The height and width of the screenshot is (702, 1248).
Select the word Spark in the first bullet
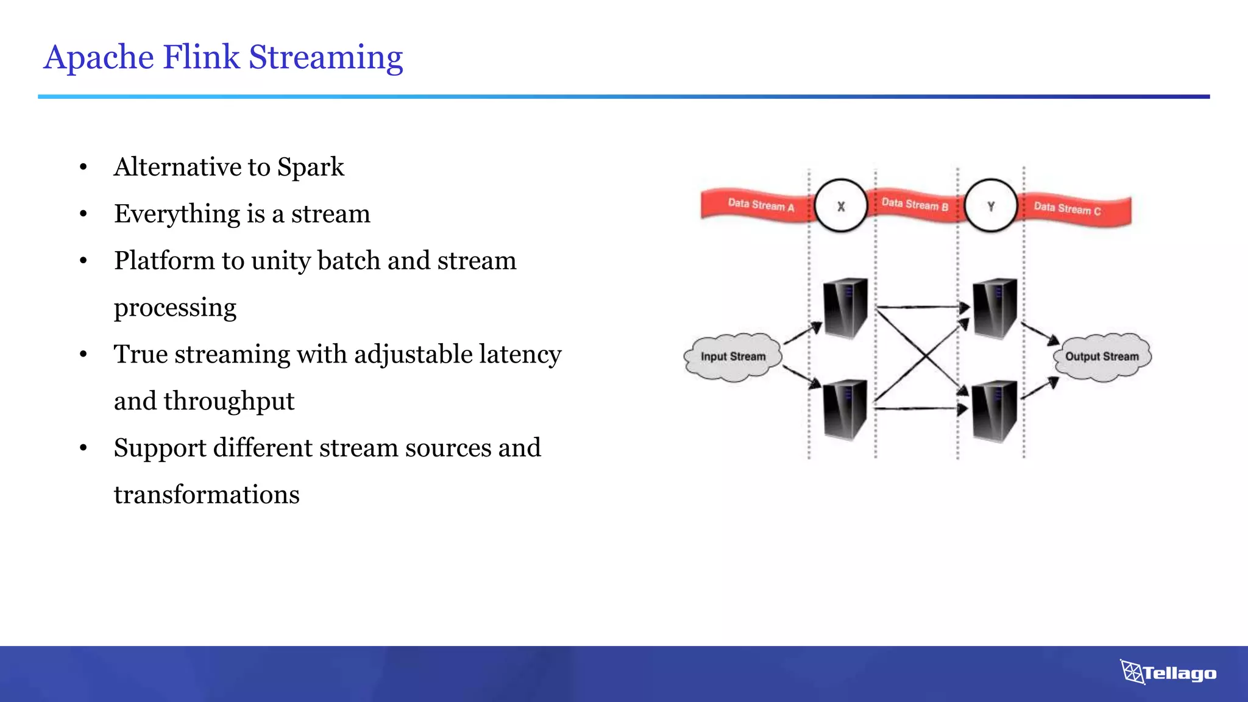(x=310, y=167)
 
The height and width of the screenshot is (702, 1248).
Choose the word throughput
(x=229, y=401)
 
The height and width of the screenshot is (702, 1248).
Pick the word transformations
(x=207, y=494)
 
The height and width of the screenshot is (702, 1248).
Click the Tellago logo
(x=1168, y=673)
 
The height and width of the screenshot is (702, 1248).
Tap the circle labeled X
(x=841, y=206)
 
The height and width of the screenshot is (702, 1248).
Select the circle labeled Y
(x=991, y=206)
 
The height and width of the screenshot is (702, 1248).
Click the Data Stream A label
(x=761, y=205)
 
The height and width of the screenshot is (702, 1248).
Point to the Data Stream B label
(x=915, y=204)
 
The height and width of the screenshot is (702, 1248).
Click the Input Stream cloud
(x=733, y=357)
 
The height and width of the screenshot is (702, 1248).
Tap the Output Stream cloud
(x=1102, y=357)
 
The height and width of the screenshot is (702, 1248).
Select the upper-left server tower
(x=845, y=308)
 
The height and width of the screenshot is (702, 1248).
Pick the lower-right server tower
(x=994, y=410)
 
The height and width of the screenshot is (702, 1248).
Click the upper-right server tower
(x=994, y=308)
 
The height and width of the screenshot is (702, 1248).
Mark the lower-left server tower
(x=845, y=410)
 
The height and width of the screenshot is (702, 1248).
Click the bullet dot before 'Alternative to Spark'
(x=83, y=167)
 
